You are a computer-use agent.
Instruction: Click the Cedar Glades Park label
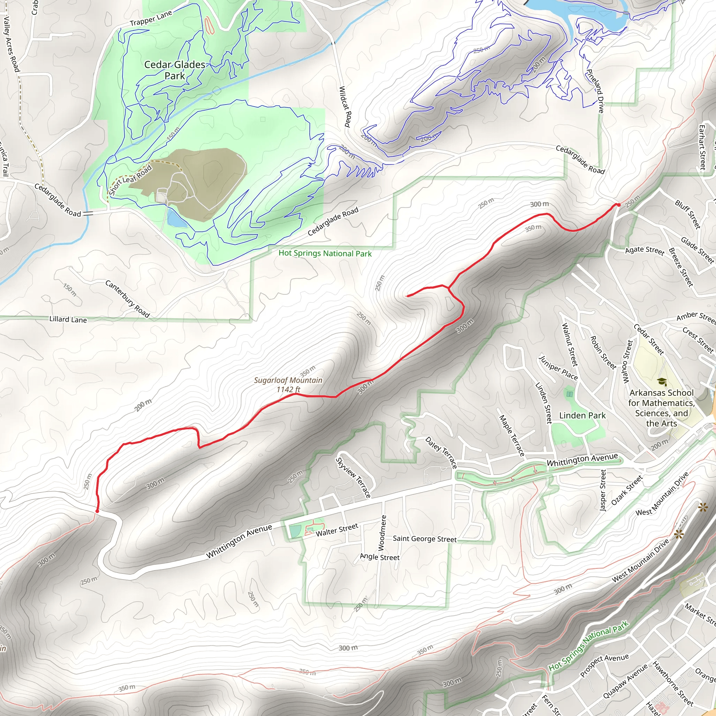tap(174, 70)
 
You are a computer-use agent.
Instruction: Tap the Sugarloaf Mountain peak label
tap(288, 384)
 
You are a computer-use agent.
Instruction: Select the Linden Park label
tap(582, 415)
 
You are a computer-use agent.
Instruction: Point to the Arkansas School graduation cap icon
tap(661, 382)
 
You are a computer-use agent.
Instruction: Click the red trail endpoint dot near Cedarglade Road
tap(618, 205)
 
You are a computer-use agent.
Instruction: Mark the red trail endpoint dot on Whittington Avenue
tap(97, 511)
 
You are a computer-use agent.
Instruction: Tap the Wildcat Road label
tap(345, 107)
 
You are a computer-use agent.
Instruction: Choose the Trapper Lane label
tap(151, 18)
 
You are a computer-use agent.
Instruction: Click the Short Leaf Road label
tap(130, 180)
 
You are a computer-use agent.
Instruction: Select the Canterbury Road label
tap(128, 299)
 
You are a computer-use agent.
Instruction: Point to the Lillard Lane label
tap(68, 319)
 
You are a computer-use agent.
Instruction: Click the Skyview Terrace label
tap(353, 477)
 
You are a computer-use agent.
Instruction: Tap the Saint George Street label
tap(424, 539)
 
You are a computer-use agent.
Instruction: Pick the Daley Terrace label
tap(441, 452)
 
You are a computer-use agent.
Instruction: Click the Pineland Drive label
tap(595, 91)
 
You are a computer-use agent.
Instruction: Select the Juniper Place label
tap(558, 368)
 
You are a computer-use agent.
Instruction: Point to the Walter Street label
tap(337, 530)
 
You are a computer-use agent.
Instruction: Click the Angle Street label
tap(380, 557)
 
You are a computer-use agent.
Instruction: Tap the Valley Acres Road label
tap(11, 44)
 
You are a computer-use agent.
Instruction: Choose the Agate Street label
tap(644, 250)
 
